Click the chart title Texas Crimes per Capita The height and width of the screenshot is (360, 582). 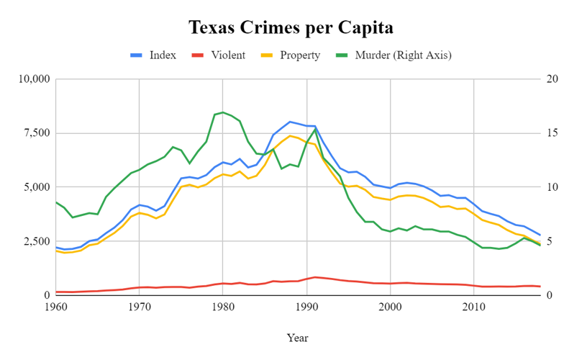click(291, 29)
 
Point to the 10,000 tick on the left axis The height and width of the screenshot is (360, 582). click(33, 79)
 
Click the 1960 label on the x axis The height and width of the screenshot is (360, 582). click(55, 308)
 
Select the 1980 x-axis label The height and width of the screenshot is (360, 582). click(223, 308)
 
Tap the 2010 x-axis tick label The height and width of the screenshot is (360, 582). click(473, 308)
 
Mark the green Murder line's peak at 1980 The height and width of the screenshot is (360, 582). click(223, 112)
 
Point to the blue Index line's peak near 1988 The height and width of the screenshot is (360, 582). click(290, 122)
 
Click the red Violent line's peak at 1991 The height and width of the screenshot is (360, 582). click(315, 277)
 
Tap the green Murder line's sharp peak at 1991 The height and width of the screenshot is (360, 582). click(315, 129)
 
